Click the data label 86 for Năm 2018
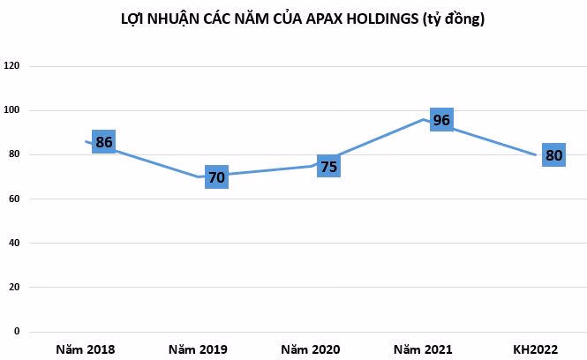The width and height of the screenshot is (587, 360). (x=103, y=142)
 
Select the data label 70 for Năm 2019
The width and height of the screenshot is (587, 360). (x=217, y=177)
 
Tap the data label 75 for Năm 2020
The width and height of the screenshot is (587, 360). (x=328, y=166)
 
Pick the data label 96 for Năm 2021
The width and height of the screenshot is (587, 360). (x=441, y=120)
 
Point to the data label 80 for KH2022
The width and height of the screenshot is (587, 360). (x=554, y=155)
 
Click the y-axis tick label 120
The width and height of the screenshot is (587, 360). (x=11, y=66)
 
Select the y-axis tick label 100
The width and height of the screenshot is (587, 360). (x=11, y=110)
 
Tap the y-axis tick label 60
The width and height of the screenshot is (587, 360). (x=14, y=199)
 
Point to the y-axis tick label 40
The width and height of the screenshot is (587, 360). (x=14, y=243)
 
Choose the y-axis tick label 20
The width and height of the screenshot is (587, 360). (x=14, y=287)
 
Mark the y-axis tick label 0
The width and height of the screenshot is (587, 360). (x=17, y=331)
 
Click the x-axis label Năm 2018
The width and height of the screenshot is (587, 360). (x=86, y=349)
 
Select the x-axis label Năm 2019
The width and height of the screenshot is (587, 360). (x=198, y=349)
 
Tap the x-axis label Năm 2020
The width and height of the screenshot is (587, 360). (x=311, y=349)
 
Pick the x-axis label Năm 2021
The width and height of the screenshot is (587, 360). (x=423, y=349)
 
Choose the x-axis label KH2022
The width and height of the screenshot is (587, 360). (x=535, y=349)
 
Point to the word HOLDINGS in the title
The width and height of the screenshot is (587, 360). (x=382, y=19)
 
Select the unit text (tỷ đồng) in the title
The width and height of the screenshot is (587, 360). (x=454, y=19)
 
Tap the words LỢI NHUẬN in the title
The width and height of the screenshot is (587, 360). (x=161, y=19)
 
